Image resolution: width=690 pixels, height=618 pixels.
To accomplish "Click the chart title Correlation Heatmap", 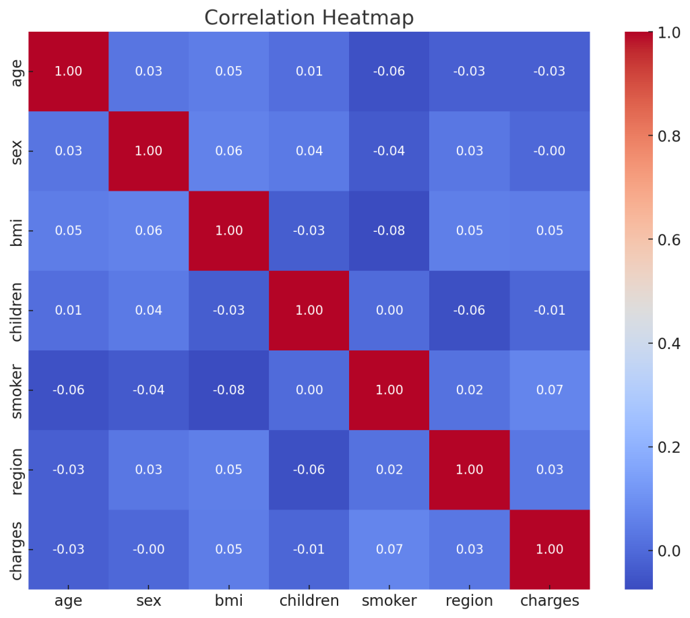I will coord(309,18).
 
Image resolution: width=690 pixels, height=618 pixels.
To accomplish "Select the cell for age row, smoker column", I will coord(389,71).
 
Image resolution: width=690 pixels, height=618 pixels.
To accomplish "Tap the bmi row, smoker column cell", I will coord(389,230).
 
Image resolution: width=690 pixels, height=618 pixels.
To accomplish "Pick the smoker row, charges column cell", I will coord(549,390).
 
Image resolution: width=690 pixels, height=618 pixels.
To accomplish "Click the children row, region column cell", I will coord(469,310).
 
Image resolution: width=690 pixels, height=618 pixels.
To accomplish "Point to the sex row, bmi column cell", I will coord(228,151).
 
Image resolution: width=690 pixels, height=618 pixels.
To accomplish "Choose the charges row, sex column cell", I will coord(148,549).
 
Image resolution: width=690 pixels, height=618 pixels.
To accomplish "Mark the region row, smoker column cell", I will coord(389,470).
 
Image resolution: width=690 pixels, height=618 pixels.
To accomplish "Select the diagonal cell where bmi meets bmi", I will coord(228,230).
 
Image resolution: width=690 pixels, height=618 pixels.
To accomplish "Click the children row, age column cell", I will coord(68,310).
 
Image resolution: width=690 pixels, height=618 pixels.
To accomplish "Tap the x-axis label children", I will coord(309,600).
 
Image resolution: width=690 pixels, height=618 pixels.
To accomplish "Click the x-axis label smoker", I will coord(389,600).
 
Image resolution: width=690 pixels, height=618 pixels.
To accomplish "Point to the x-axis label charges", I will coord(549,600).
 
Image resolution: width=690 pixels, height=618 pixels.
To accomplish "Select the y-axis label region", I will coord(19,470).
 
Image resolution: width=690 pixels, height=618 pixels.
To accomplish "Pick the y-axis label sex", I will coord(19,151).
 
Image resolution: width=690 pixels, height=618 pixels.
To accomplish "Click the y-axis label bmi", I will coord(19,230).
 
